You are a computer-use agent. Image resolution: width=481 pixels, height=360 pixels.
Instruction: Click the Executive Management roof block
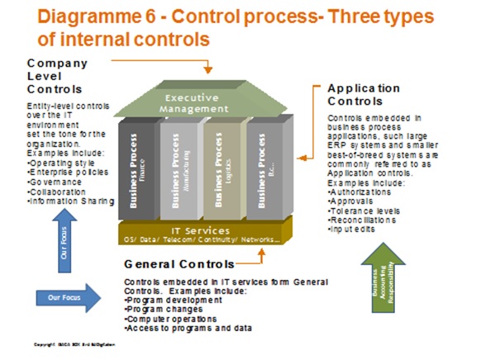206,103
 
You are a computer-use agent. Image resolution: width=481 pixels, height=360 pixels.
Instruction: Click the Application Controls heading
363,94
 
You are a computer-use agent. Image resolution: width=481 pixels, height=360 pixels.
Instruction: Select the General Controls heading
178,264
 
